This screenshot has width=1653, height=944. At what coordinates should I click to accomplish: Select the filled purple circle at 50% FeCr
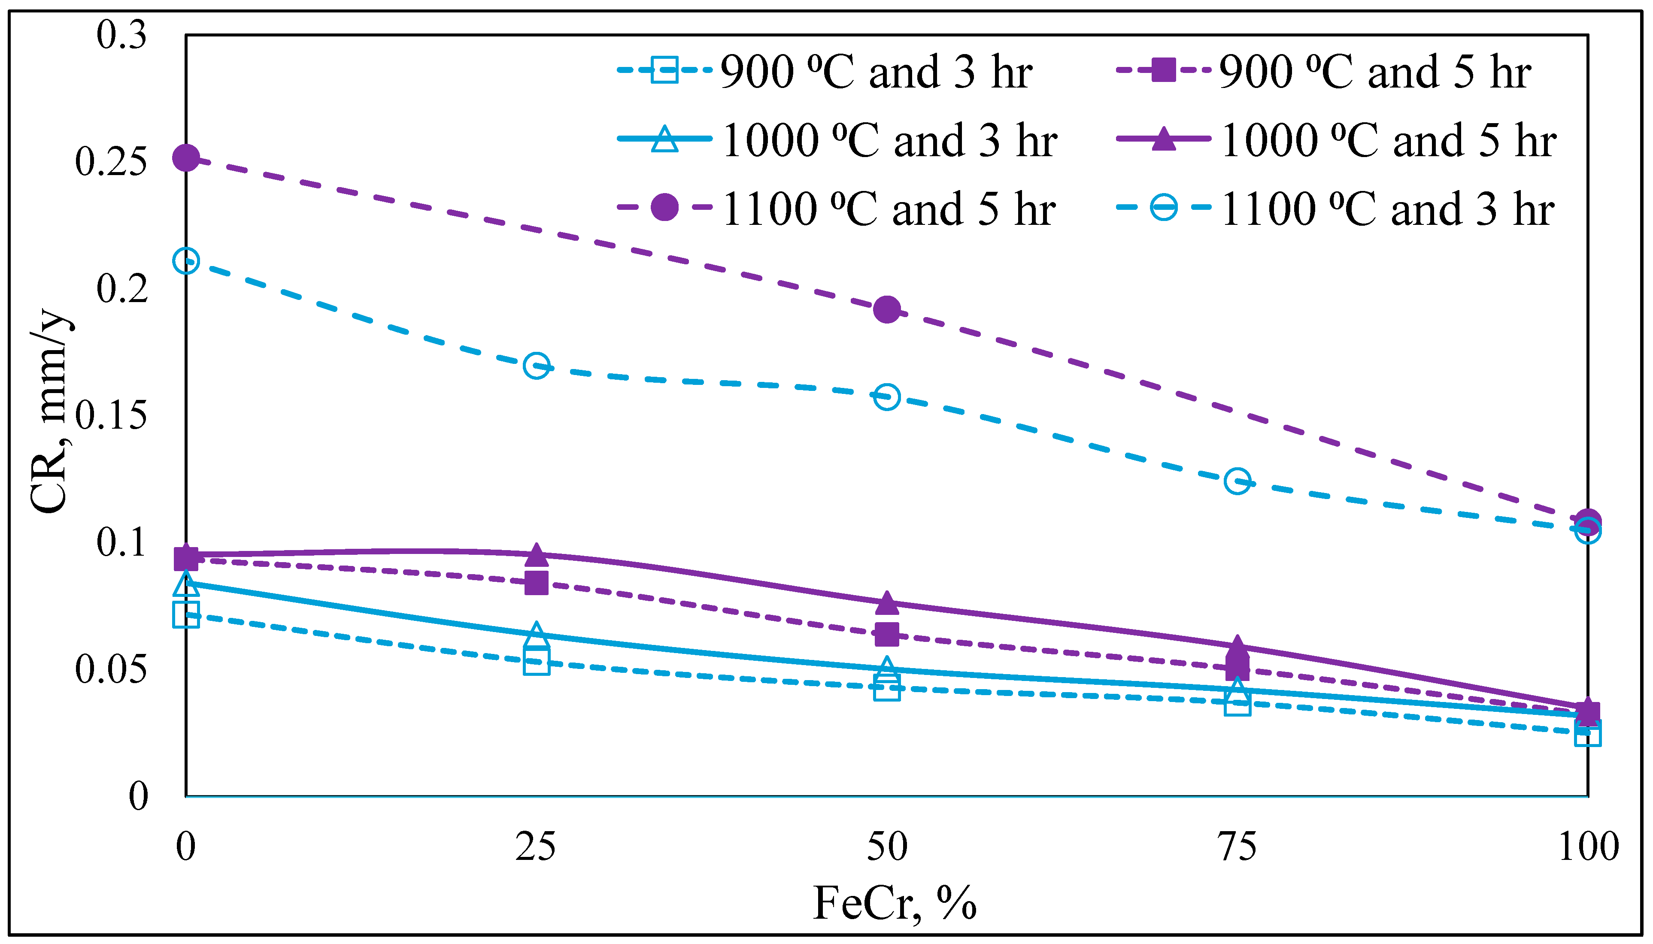886,309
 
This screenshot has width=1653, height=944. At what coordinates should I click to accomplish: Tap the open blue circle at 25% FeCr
536,366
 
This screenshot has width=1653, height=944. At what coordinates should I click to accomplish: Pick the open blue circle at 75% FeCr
1237,481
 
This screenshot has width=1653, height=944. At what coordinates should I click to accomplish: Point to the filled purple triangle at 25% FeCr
536,555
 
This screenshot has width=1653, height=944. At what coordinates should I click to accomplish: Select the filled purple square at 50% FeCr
886,634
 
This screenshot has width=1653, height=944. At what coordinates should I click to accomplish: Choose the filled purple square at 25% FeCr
536,582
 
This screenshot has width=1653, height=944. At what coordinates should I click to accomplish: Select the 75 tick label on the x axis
1237,847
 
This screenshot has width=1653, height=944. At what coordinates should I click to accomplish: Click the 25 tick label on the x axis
536,847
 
